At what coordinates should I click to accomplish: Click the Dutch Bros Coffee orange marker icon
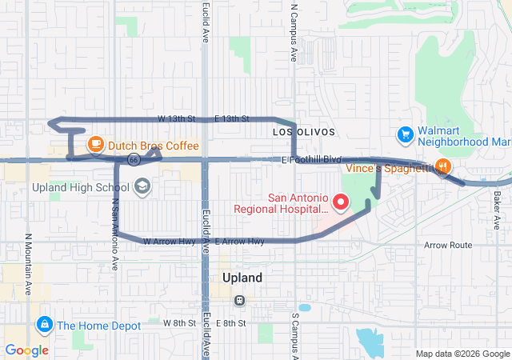click(95, 145)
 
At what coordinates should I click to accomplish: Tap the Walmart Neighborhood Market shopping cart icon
click(406, 134)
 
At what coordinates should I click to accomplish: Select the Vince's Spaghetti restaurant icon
click(442, 167)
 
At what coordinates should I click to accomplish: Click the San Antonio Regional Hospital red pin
click(340, 202)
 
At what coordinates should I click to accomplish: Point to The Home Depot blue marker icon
click(45, 324)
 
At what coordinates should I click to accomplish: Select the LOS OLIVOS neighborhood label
click(303, 131)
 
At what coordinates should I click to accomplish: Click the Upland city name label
click(241, 278)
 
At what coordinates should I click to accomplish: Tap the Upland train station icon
click(238, 300)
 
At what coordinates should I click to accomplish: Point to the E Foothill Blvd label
click(312, 160)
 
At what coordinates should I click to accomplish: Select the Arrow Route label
click(448, 246)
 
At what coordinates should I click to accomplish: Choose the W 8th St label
click(178, 323)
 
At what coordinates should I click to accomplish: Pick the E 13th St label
click(232, 118)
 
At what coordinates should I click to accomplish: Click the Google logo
click(26, 350)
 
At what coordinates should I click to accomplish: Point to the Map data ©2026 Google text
click(462, 354)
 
